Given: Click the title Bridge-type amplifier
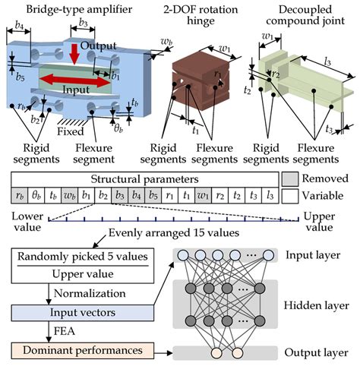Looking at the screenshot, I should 58,9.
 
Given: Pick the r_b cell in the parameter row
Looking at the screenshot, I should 18,196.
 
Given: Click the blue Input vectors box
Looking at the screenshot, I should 78,312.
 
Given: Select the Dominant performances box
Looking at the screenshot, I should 78,352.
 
